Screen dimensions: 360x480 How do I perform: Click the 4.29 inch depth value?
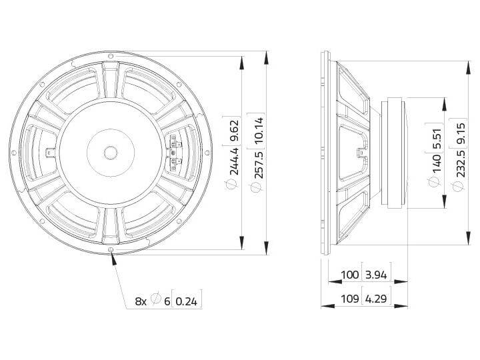coord(376,299)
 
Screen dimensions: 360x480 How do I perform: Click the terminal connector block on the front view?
coord(175,152)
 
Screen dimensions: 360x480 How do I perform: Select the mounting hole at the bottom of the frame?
coord(109,251)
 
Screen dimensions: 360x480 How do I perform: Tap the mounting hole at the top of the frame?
coord(109,55)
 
